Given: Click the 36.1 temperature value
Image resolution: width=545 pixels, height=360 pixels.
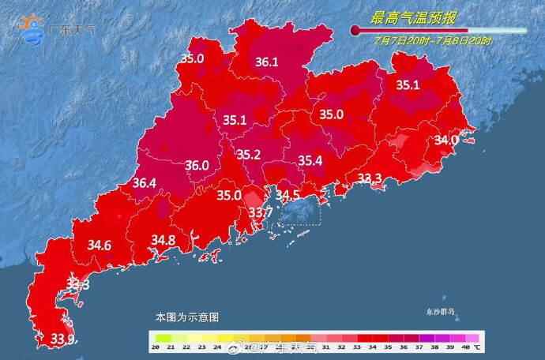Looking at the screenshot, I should click(x=267, y=62).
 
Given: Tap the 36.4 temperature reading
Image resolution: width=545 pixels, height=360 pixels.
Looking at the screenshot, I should click(x=144, y=183).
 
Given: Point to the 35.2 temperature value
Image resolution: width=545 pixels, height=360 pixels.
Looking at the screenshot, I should click(x=249, y=156).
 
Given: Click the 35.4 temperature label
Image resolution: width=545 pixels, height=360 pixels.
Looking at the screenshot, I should click(x=310, y=161).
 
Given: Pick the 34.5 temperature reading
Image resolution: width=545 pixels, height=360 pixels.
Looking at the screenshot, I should click(x=286, y=195).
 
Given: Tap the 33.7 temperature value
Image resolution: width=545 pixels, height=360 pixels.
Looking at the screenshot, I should click(x=261, y=212).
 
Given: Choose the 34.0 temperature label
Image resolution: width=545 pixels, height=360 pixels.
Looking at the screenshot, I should click(x=447, y=140).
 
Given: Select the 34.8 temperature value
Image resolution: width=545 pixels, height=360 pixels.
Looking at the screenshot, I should click(x=163, y=239).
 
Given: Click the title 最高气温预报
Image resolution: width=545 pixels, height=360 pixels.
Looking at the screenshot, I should click(x=414, y=16).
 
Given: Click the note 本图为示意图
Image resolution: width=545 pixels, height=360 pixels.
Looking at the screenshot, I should click(x=187, y=317).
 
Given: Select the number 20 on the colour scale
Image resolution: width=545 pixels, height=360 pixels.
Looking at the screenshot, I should click(x=157, y=347).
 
